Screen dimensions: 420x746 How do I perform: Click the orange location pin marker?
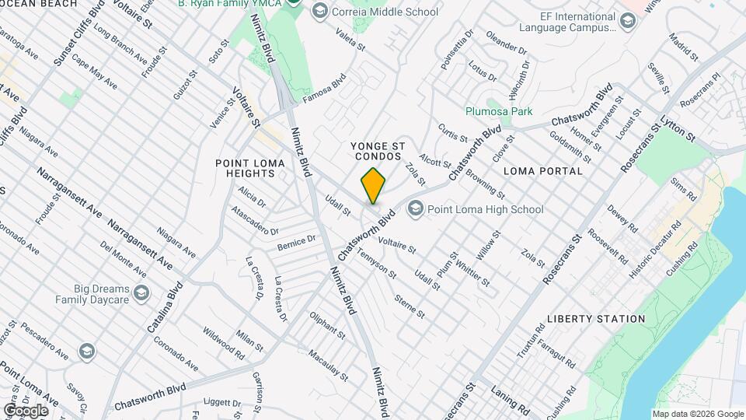373,186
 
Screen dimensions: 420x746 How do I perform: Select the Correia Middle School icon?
318,12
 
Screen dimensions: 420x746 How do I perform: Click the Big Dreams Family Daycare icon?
141,293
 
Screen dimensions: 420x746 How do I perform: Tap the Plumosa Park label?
499,111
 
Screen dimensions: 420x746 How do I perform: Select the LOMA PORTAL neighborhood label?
543,170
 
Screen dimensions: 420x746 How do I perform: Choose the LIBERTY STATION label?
596,319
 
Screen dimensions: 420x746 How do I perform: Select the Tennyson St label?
378,264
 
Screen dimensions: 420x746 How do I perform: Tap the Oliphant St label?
327,325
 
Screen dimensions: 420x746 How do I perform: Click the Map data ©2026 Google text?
698,414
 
